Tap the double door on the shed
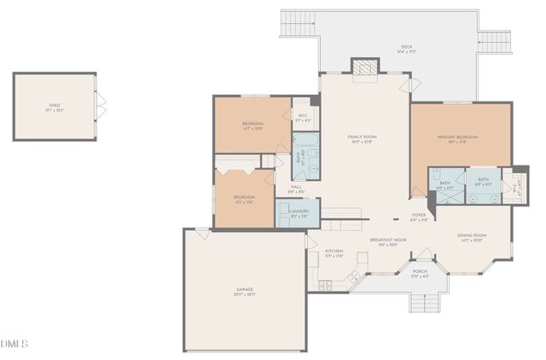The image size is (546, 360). click(101, 105)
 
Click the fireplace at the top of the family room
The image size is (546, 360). click(364, 68)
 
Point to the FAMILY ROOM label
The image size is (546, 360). click(362, 138)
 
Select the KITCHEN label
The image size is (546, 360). click(334, 253)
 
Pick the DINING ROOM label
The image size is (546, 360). click(472, 237)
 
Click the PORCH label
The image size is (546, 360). click(420, 274)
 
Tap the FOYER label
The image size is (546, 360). click(419, 217)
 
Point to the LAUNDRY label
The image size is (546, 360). click(299, 212)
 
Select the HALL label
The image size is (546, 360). click(296, 189)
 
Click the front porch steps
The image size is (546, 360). click(423, 302)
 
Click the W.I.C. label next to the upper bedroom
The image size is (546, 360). click(303, 116)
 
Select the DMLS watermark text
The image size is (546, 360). click(15, 344)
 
